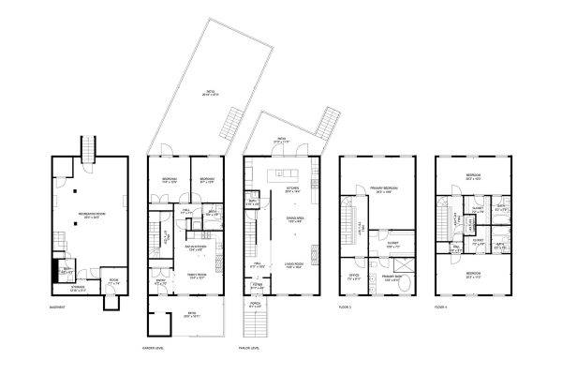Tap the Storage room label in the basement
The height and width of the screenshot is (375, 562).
(66, 289)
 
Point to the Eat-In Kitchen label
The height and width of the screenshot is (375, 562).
(197, 248)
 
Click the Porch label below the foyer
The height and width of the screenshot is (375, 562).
(255, 306)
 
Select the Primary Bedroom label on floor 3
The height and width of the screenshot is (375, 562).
(384, 190)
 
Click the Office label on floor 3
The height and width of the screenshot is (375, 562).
(353, 278)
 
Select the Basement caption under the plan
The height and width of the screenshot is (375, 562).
(57, 307)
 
